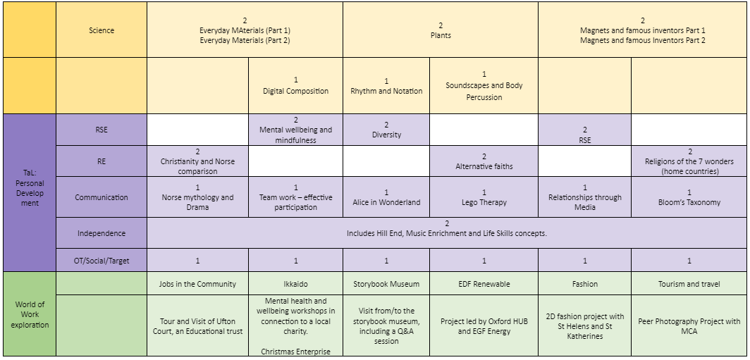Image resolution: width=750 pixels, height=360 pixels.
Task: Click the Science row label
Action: (x=102, y=30)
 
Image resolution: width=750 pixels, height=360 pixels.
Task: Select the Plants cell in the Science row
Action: (x=441, y=30)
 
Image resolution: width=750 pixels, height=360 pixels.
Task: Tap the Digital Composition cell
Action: (x=295, y=85)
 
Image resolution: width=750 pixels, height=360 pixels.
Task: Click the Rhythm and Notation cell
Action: (x=386, y=85)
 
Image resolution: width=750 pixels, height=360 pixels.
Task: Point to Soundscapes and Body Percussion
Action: (x=484, y=85)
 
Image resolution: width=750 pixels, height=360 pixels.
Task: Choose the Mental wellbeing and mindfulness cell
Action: (x=295, y=130)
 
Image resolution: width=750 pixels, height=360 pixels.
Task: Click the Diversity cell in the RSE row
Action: (x=386, y=130)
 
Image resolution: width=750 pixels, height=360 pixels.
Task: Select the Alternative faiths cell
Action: (x=484, y=161)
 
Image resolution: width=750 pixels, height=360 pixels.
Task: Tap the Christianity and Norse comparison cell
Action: (x=197, y=161)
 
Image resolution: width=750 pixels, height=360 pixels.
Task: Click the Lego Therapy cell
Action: (x=484, y=197)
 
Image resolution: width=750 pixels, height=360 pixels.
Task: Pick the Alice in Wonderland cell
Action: (x=386, y=197)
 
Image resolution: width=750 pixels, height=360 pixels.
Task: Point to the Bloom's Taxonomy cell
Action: (x=689, y=197)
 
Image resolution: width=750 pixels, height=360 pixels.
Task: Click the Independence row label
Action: (x=102, y=232)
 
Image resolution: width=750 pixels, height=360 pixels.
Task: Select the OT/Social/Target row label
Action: (x=102, y=261)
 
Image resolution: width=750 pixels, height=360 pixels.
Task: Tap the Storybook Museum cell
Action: (x=386, y=283)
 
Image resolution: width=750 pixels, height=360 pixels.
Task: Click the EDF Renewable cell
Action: (x=484, y=283)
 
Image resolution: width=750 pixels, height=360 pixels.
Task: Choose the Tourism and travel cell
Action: (x=689, y=283)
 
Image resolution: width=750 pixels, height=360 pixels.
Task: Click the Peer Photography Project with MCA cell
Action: (x=689, y=326)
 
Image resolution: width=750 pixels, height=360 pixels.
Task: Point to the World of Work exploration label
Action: (x=30, y=314)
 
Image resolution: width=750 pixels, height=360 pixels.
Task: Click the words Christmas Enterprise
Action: (x=295, y=352)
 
